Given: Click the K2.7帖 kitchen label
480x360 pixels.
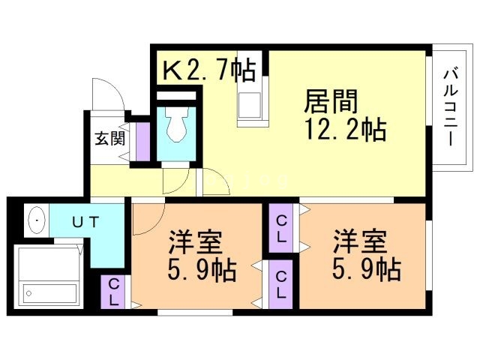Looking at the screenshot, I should pyautogui.click(x=208, y=70).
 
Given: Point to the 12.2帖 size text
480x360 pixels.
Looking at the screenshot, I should pyautogui.click(x=345, y=130).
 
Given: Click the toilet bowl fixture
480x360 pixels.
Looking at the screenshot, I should pyautogui.click(x=177, y=125).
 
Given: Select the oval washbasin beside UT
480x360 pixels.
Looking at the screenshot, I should pyautogui.click(x=36, y=221).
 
